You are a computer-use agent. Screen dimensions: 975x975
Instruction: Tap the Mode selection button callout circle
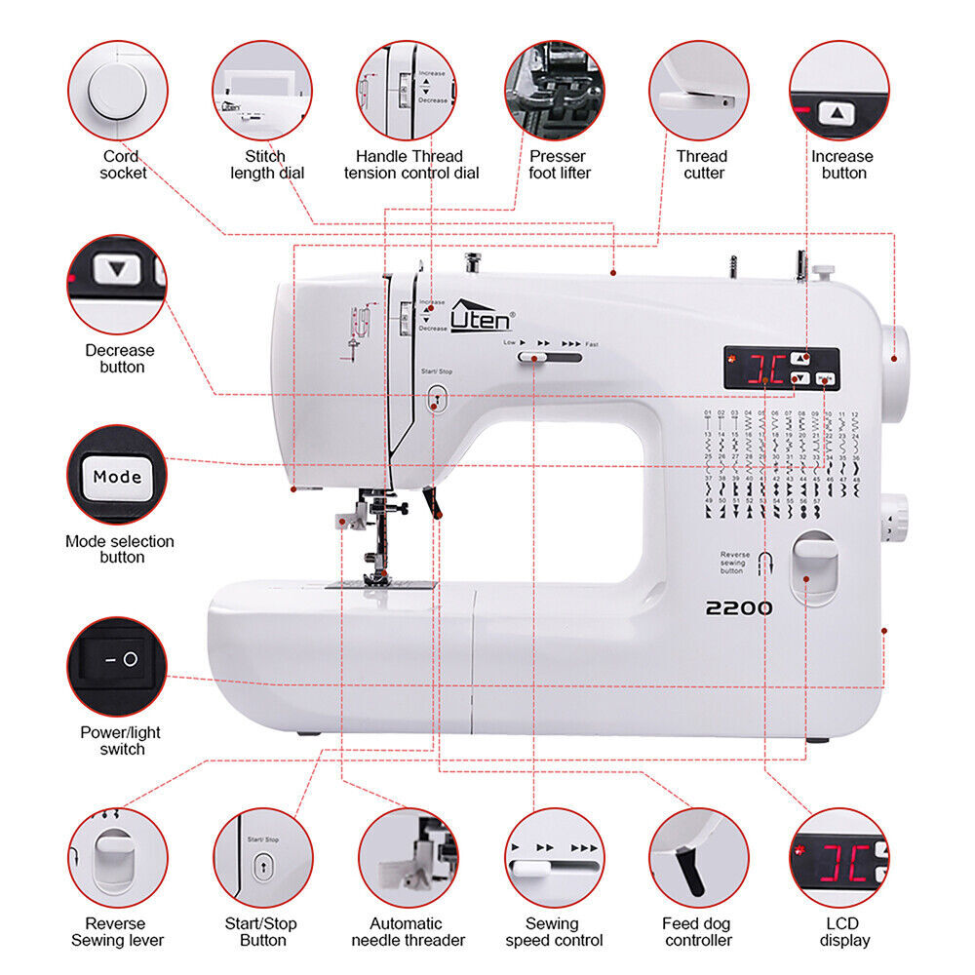(117, 475)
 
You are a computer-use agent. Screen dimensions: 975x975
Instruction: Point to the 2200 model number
(739, 608)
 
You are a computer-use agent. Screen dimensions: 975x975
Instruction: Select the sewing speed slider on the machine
(532, 359)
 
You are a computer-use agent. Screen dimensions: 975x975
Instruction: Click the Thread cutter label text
(702, 165)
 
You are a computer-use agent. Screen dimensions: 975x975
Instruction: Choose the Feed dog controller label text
(698, 932)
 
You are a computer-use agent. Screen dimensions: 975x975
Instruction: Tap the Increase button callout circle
(838, 90)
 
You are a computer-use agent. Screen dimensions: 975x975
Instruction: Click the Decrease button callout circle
(117, 283)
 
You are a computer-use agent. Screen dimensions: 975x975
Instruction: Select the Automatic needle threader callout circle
(409, 858)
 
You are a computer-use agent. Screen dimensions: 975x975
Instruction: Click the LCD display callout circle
(838, 858)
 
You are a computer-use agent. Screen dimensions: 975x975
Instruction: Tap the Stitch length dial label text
(266, 165)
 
